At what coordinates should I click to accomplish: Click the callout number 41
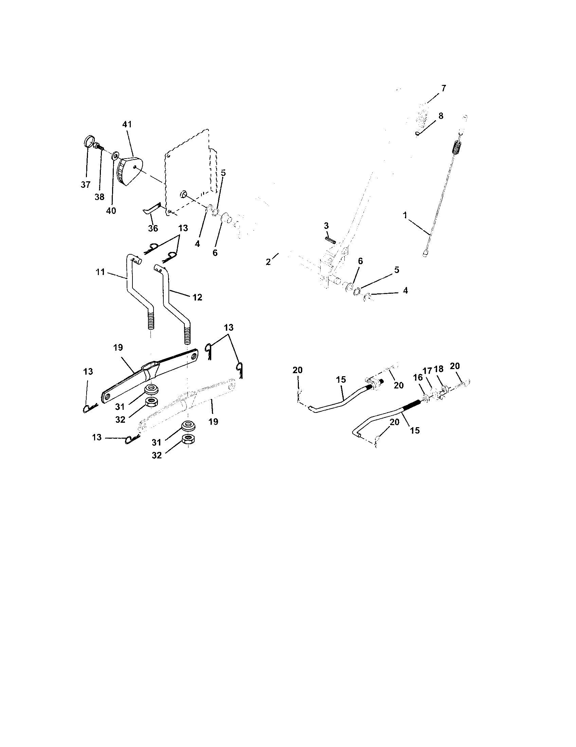coord(127,125)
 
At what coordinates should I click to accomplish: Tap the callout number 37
coord(86,185)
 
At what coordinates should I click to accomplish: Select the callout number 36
coord(153,228)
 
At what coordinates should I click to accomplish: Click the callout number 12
coord(197,297)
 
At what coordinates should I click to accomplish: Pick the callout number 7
coord(443,88)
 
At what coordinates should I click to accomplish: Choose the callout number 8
coord(440,116)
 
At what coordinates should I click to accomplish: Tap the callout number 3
coord(326,226)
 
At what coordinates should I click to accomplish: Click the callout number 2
coord(268,262)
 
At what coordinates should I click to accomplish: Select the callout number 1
coord(405,215)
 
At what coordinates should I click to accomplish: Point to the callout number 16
coord(418,378)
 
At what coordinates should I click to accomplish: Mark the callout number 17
coord(427,370)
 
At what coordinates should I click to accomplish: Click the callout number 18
coord(438,369)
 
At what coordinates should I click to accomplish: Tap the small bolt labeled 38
coord(99,147)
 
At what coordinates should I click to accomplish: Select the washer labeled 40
coord(115,156)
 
